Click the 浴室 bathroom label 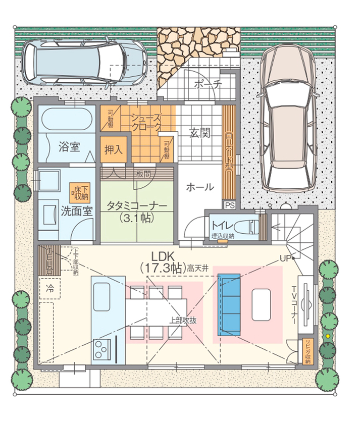click(69, 147)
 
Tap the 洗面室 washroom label click(77, 210)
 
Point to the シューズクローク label click(146, 122)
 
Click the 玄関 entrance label click(200, 134)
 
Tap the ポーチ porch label click(207, 85)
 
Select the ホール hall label click(199, 187)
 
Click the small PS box click(230, 205)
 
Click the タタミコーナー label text click(136, 206)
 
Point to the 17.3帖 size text click(162, 268)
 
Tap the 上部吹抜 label click(182, 320)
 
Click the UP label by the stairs click(286, 258)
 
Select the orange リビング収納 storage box click(307, 351)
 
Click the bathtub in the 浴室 click(66, 121)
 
